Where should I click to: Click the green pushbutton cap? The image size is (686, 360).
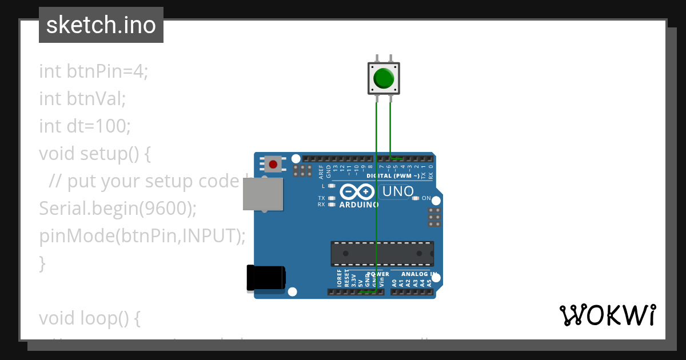[x=383, y=78]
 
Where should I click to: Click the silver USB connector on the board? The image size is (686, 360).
[x=263, y=194]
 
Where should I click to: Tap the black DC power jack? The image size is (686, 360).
[x=266, y=278]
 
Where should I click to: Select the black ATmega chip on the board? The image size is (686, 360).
[x=382, y=254]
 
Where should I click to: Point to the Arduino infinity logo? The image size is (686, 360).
[x=357, y=191]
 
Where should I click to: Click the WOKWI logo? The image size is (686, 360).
[x=607, y=315]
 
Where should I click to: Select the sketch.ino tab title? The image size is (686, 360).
[x=101, y=25]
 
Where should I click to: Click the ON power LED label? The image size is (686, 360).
[x=426, y=198]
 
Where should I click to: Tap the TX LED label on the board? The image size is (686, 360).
[x=321, y=198]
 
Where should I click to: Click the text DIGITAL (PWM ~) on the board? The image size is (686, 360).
[x=393, y=176]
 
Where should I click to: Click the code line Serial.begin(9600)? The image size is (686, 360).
[x=118, y=209]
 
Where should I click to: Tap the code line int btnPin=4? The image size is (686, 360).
[x=93, y=72]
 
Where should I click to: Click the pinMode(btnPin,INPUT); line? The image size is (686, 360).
[x=142, y=235]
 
